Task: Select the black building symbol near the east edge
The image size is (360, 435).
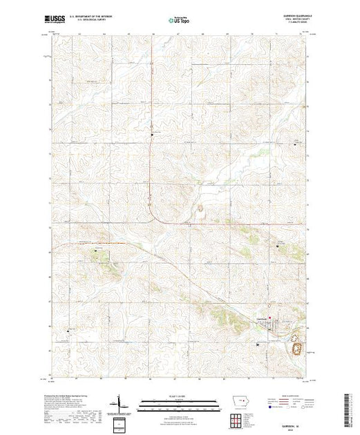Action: pos(278,246)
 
